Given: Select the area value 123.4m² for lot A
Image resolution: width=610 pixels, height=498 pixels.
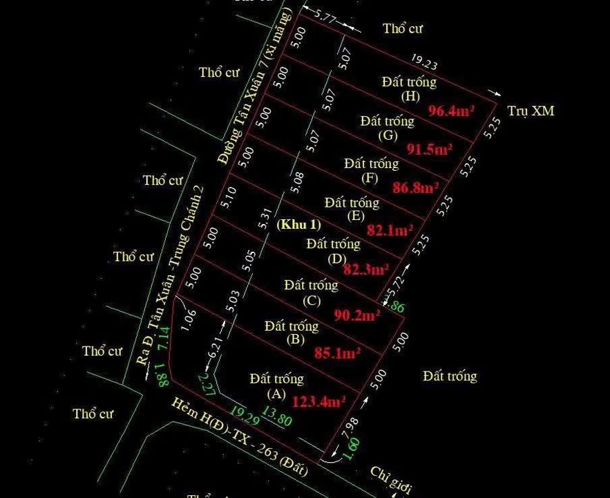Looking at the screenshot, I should click(318, 401).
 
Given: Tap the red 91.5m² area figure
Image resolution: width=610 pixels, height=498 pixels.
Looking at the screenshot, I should click(430, 149).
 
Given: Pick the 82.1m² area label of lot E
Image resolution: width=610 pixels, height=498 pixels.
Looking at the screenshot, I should click(390, 230).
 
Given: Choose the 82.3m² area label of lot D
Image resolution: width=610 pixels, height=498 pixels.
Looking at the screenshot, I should click(366, 269).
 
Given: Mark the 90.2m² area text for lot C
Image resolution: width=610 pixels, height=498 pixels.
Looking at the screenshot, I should click(357, 315).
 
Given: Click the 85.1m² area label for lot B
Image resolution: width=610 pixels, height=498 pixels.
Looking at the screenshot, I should click(338, 353).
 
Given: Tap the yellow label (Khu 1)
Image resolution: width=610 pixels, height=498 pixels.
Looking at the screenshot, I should click(299, 225).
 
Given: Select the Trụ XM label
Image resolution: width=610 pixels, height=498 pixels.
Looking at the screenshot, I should click(531, 111).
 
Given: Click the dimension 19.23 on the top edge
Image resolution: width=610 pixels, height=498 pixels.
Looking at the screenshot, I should click(424, 64).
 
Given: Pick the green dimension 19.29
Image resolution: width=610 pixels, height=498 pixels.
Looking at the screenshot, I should click(247, 416).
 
